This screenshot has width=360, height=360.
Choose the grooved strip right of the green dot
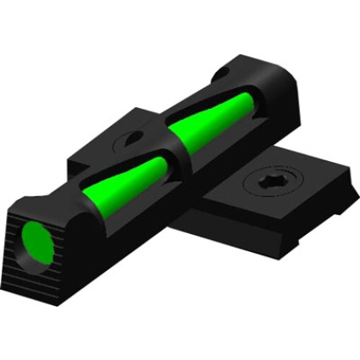64,257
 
